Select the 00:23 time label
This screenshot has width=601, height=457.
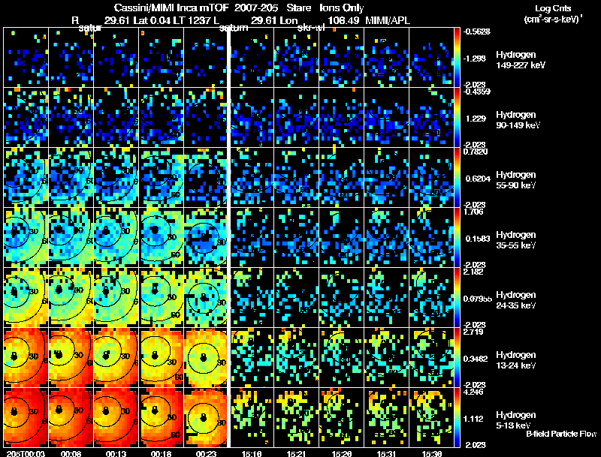[205, 452]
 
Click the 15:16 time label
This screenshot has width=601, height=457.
[252, 452]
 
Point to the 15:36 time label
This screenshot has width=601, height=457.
[433, 452]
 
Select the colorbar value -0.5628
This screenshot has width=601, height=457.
[477, 32]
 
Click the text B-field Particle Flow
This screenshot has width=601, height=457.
[560, 434]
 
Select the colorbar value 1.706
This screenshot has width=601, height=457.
[473, 212]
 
